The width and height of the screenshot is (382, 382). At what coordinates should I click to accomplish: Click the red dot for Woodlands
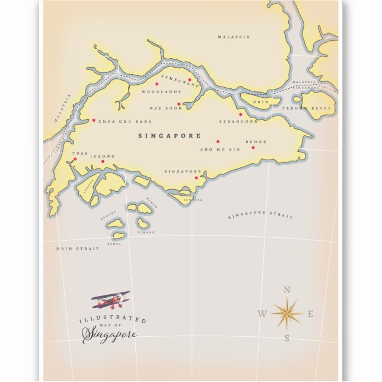click(x=157, y=84)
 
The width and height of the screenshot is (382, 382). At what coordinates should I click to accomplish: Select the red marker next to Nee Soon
click(x=179, y=104)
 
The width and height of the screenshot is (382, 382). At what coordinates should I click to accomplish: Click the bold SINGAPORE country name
click(x=169, y=136)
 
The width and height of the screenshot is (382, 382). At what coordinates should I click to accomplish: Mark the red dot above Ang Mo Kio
click(x=218, y=141)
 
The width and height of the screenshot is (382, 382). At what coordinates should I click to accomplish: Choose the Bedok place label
click(x=256, y=142)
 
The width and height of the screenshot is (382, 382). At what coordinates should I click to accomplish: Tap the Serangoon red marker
click(x=241, y=114)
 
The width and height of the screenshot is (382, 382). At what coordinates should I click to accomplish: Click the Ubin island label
click(x=261, y=102)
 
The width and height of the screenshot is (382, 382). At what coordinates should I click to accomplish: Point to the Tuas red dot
click(x=75, y=159)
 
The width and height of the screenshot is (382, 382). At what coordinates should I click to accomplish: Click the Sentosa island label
click(x=193, y=200)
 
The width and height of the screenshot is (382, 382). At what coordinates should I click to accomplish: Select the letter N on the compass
click(x=287, y=290)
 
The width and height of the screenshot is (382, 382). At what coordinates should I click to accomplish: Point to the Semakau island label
click(x=145, y=232)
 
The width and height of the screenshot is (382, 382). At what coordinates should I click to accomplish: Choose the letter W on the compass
click(x=262, y=314)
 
